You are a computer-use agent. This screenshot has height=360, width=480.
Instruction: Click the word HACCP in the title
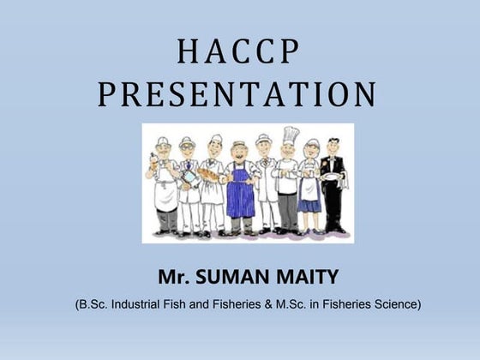(239, 53)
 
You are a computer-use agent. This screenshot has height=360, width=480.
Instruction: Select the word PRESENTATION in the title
(237, 94)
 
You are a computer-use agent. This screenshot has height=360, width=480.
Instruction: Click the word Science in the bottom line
(395, 304)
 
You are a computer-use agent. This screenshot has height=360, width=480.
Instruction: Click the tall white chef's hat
(291, 135)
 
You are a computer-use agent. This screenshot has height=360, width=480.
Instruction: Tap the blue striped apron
(241, 194)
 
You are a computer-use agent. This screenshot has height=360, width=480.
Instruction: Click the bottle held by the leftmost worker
(152, 160)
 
